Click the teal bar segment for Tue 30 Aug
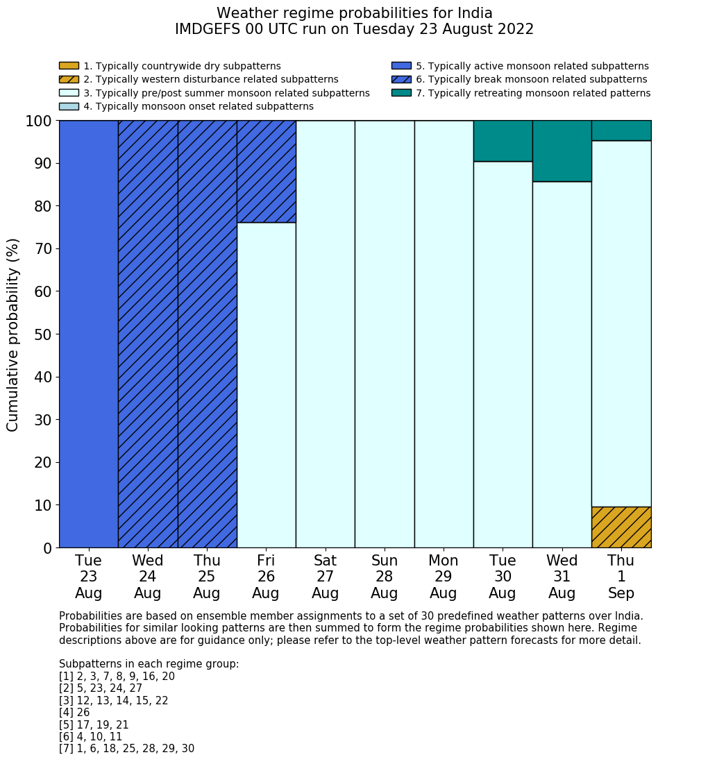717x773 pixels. click(503, 141)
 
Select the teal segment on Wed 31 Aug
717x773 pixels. click(562, 151)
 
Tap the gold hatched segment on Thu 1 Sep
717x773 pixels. click(621, 527)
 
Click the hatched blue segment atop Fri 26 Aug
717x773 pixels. click(267, 171)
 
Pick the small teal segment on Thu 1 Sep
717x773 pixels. click(621, 130)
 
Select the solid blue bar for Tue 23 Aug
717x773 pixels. click(88, 334)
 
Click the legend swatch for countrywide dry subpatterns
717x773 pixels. click(69, 66)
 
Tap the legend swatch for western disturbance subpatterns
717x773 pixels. click(69, 80)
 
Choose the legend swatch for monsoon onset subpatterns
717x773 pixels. click(69, 106)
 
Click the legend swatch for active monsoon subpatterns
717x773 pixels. click(401, 66)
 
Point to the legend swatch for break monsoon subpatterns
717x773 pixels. click(401, 80)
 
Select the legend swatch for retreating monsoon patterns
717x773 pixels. click(401, 93)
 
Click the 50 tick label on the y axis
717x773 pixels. click(42, 334)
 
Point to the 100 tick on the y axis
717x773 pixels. click(39, 121)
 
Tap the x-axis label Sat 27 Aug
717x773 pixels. click(325, 577)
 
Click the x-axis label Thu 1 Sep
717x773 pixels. click(621, 577)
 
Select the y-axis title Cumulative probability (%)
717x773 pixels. click(13, 334)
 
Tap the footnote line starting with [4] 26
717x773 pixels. click(74, 713)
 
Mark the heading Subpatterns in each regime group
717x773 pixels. click(149, 664)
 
